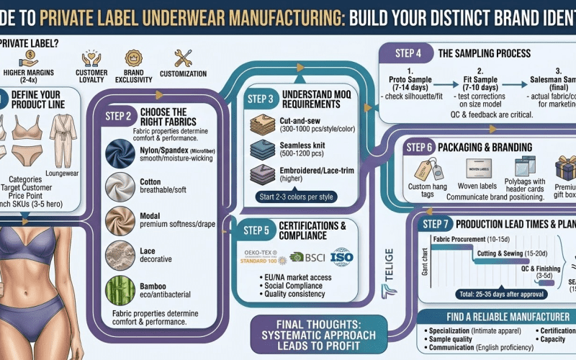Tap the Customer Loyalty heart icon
[x=91, y=59]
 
